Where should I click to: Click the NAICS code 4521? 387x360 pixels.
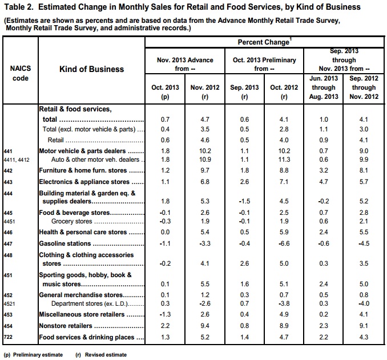10,303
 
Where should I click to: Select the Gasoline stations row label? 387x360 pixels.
66,243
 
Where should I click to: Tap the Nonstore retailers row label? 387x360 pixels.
67,326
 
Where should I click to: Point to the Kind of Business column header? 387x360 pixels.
91,69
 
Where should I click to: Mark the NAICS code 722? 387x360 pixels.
9,337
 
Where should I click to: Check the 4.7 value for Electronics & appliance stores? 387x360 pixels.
323,182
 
